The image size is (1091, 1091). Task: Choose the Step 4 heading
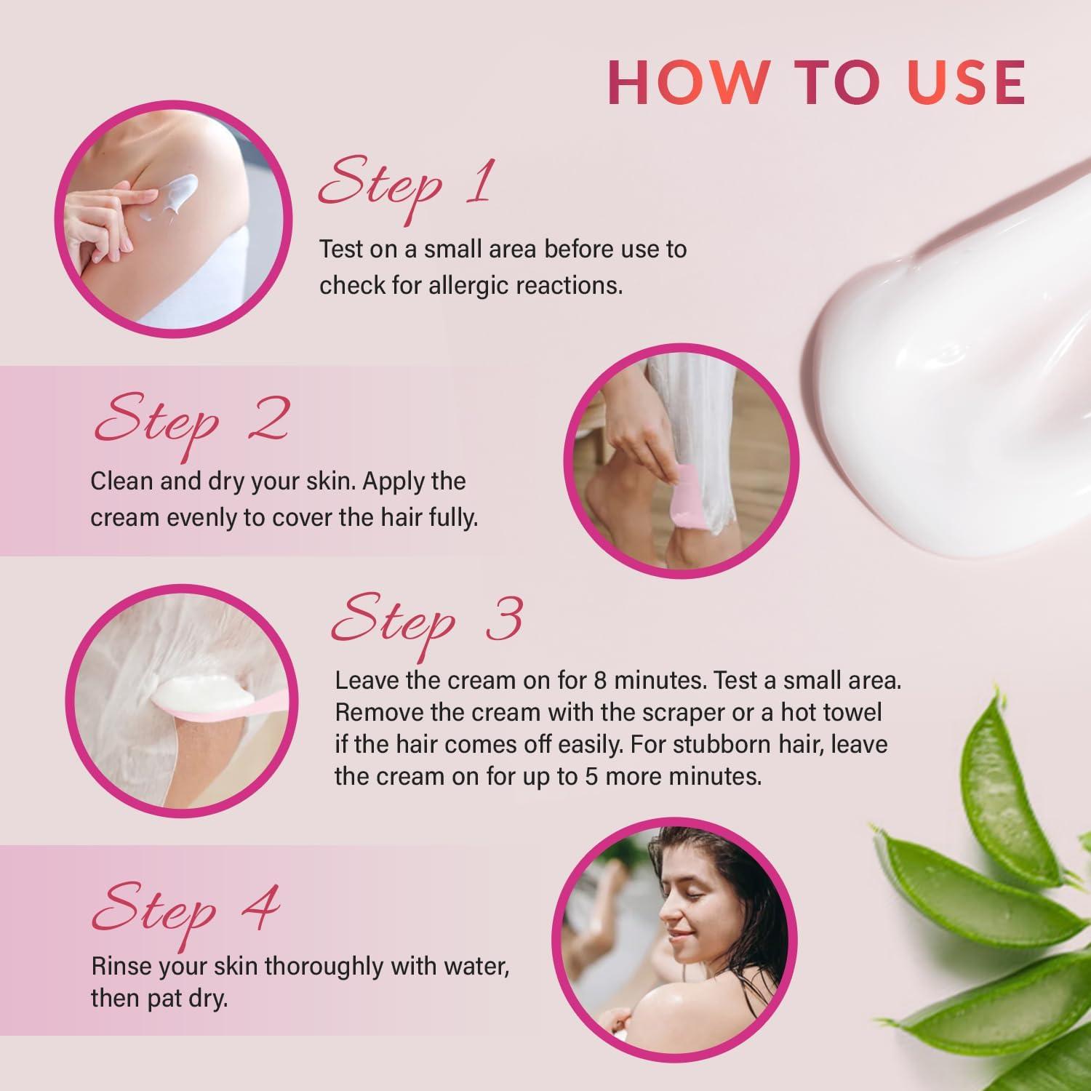(185, 910)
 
